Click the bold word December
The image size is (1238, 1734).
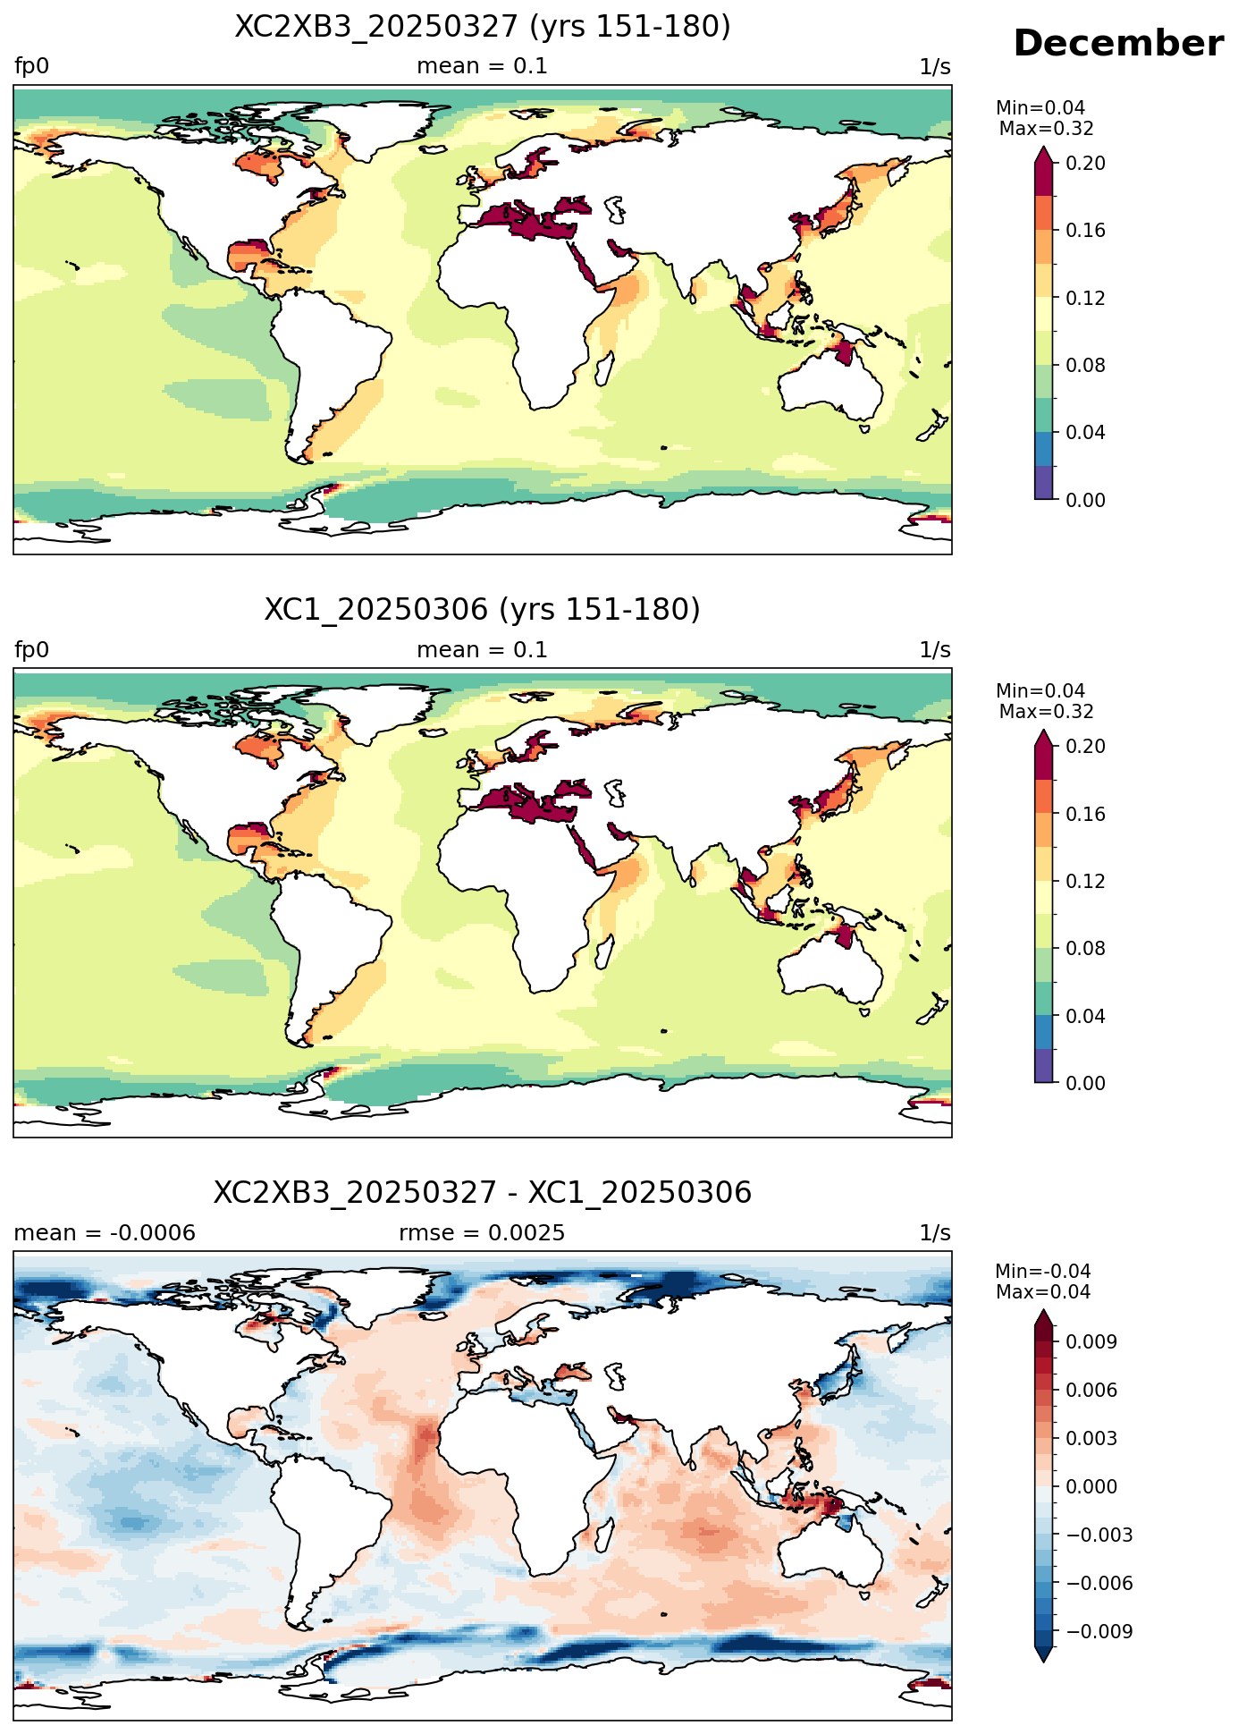[1118, 44]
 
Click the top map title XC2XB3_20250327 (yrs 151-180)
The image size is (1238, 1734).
[483, 27]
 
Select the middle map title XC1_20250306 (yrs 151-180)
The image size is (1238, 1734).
[483, 610]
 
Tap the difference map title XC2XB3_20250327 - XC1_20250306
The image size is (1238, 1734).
[483, 1193]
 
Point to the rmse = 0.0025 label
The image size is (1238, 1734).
[482, 1233]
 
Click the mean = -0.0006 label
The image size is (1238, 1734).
[105, 1233]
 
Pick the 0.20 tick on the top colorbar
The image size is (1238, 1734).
[1085, 163]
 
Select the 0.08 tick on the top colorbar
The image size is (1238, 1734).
[1085, 365]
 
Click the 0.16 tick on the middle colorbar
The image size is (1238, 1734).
[1085, 814]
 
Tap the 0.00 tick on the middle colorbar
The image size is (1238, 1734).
[1085, 1083]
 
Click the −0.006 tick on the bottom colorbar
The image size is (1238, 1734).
[1099, 1583]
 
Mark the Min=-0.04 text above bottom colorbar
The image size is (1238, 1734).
[1043, 1272]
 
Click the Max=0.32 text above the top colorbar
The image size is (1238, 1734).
[1046, 129]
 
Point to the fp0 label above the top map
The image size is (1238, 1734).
[32, 66]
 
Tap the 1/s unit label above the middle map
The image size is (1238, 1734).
[935, 650]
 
